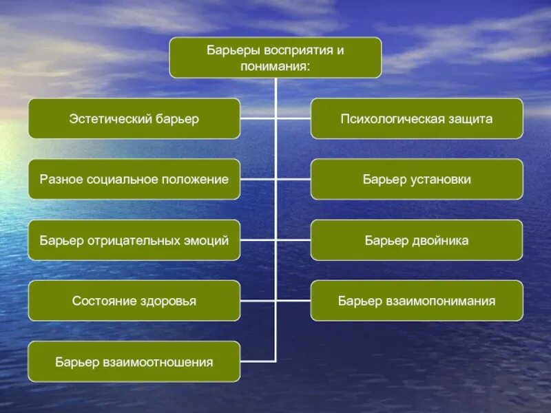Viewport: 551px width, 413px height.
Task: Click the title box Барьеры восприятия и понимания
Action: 275,58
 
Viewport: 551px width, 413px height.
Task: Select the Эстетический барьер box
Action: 134,118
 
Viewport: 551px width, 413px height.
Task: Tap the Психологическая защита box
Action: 417,118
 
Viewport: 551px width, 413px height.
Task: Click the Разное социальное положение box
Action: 134,179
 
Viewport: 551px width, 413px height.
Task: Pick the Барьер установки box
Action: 417,179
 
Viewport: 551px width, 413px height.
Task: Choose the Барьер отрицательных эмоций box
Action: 134,240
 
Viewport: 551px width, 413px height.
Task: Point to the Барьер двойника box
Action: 417,240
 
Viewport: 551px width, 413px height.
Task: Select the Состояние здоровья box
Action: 134,301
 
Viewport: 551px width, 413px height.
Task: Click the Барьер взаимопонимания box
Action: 417,301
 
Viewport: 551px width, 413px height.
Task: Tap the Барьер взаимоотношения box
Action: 134,361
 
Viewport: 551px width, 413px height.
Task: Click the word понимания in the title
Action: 275,66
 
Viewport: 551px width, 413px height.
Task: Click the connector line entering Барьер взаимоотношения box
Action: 258,361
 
